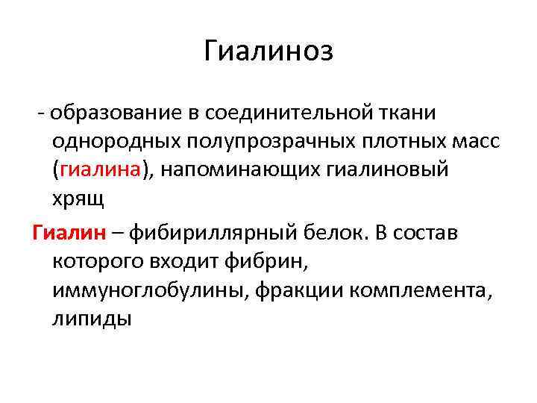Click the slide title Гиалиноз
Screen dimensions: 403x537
(268, 52)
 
